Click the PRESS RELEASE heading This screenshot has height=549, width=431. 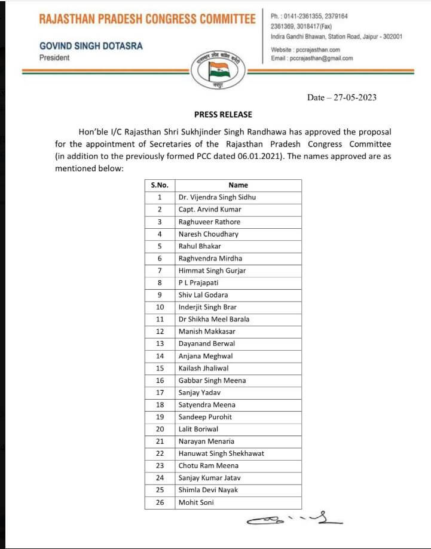point(223,114)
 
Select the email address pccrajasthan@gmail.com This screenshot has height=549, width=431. point(321,59)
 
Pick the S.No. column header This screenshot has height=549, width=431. point(160,185)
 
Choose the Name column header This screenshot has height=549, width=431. point(238,185)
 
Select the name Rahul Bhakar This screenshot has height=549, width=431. point(200,246)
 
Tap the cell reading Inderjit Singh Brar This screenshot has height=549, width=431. point(207,307)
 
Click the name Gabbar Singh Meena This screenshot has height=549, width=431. point(212,380)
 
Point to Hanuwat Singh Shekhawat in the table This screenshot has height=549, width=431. point(221,453)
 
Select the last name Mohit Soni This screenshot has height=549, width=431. point(196,502)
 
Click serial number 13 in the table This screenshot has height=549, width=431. point(160,343)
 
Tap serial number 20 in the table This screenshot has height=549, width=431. point(160,429)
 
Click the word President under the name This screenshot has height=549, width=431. point(54,58)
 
